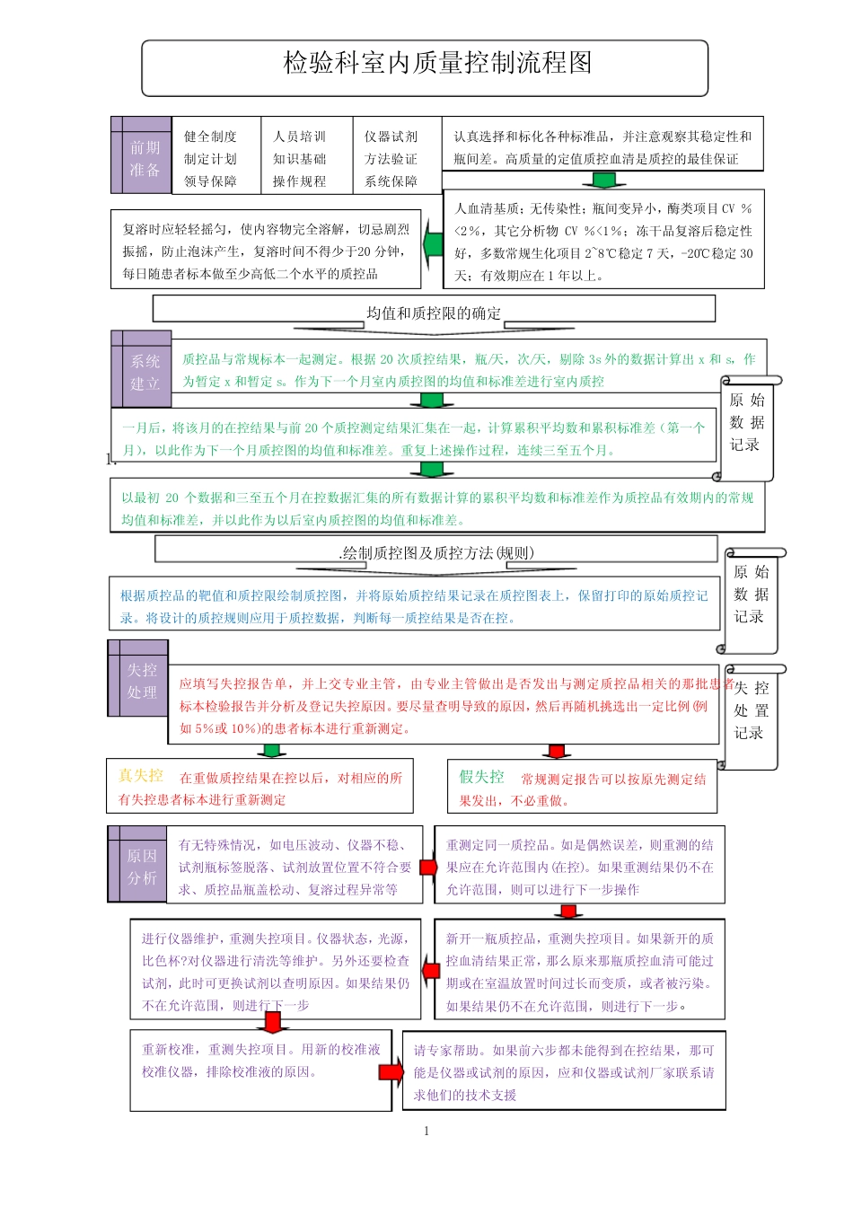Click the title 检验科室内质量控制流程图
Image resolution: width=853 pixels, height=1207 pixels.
(437, 63)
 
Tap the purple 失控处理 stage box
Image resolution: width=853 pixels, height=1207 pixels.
(139, 681)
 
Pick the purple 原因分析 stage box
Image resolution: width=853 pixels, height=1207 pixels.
(138, 867)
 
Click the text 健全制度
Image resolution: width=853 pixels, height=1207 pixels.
(210, 137)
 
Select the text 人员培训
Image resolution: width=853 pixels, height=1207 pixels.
(299, 137)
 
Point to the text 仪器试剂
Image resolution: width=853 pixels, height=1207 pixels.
(391, 137)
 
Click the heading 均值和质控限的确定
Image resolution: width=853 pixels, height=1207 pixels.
(434, 313)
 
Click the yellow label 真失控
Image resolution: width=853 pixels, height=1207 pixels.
(141, 776)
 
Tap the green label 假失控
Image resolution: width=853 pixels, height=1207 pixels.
(482, 777)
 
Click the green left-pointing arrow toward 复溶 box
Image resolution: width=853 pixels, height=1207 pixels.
(433, 242)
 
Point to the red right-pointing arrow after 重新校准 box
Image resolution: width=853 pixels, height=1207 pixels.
(391, 1071)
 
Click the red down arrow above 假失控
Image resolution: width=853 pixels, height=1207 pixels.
(558, 751)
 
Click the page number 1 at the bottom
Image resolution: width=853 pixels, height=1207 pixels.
(426, 1131)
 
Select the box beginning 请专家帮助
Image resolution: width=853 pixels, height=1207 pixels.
(563, 1072)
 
